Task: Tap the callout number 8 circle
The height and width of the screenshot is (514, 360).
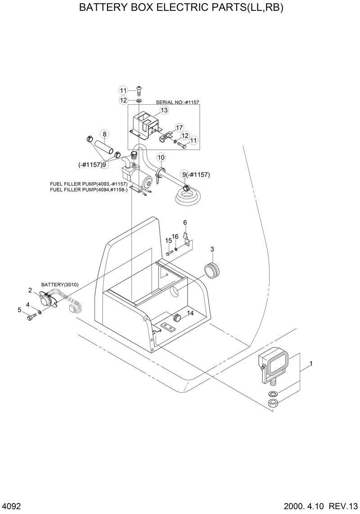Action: (x=104, y=134)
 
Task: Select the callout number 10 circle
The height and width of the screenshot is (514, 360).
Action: (x=161, y=157)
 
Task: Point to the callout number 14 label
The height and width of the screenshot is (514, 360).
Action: (x=190, y=313)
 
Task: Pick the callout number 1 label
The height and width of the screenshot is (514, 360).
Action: (x=311, y=363)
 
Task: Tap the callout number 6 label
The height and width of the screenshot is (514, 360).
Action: (x=184, y=223)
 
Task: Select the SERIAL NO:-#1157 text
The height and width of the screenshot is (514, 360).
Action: (x=177, y=103)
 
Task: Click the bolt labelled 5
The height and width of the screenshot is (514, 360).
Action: (x=30, y=317)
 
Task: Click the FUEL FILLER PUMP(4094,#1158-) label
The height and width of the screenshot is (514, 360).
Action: (x=89, y=189)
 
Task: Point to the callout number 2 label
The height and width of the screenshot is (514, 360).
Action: (x=30, y=290)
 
